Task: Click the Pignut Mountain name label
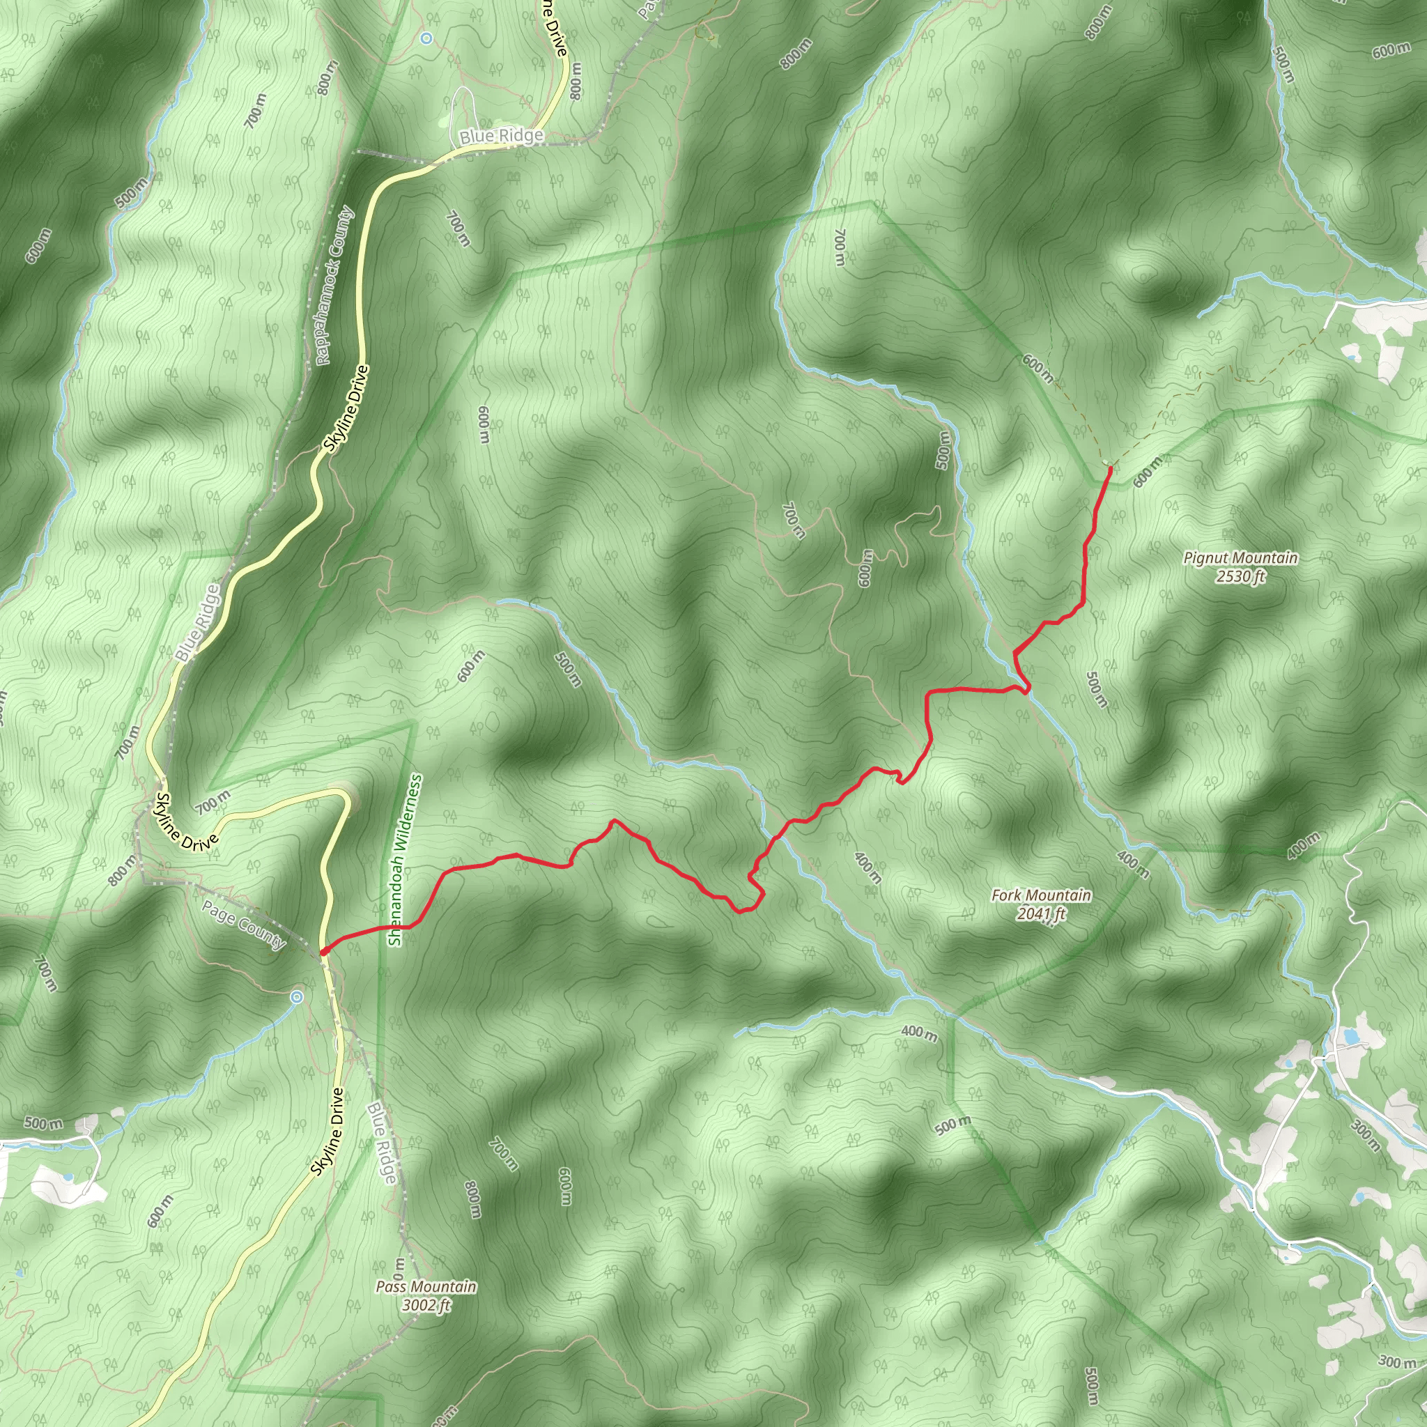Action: (1240, 557)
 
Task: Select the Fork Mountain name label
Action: (1041, 895)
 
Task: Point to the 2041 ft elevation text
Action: (1041, 914)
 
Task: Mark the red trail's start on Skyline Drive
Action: (323, 951)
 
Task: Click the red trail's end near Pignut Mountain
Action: (1110, 468)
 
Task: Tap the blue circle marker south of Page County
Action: (296, 997)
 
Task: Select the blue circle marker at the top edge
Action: (426, 37)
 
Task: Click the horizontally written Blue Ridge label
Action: (501, 137)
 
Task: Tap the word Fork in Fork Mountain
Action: (1005, 895)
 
